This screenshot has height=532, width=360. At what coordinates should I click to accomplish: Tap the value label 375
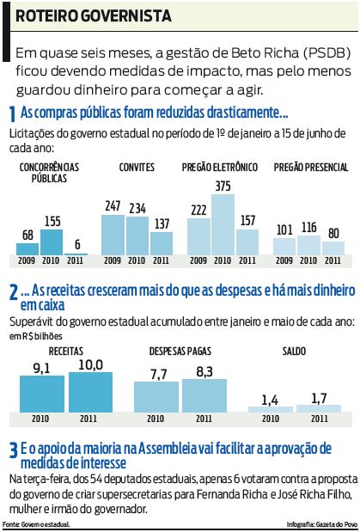coord(223,186)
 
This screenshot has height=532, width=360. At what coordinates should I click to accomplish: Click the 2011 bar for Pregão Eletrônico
coord(247,247)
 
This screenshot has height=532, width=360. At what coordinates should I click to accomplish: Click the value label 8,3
coord(204,373)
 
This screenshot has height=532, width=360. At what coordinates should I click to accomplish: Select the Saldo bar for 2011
coord(319,407)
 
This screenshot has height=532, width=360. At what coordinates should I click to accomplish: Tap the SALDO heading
coord(294,352)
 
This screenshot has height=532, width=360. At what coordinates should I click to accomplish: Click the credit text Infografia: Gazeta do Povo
coord(320,523)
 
